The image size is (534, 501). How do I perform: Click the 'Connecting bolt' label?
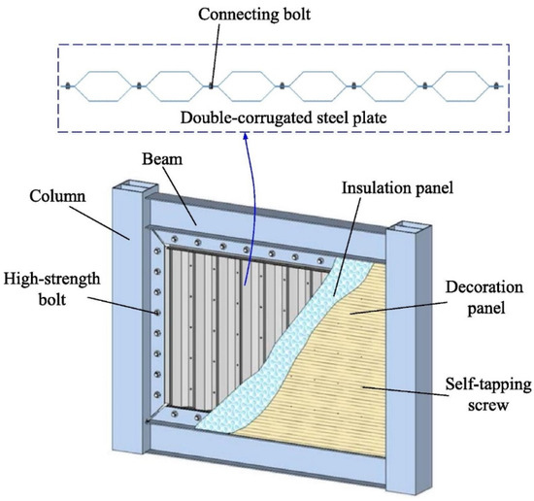(x=211, y=17)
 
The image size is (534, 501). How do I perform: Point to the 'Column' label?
(x=60, y=198)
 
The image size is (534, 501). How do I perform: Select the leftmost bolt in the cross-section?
(x=67, y=85)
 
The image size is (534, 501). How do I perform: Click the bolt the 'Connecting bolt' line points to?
(x=210, y=85)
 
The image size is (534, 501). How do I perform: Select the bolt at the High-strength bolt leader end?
(x=157, y=312)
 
